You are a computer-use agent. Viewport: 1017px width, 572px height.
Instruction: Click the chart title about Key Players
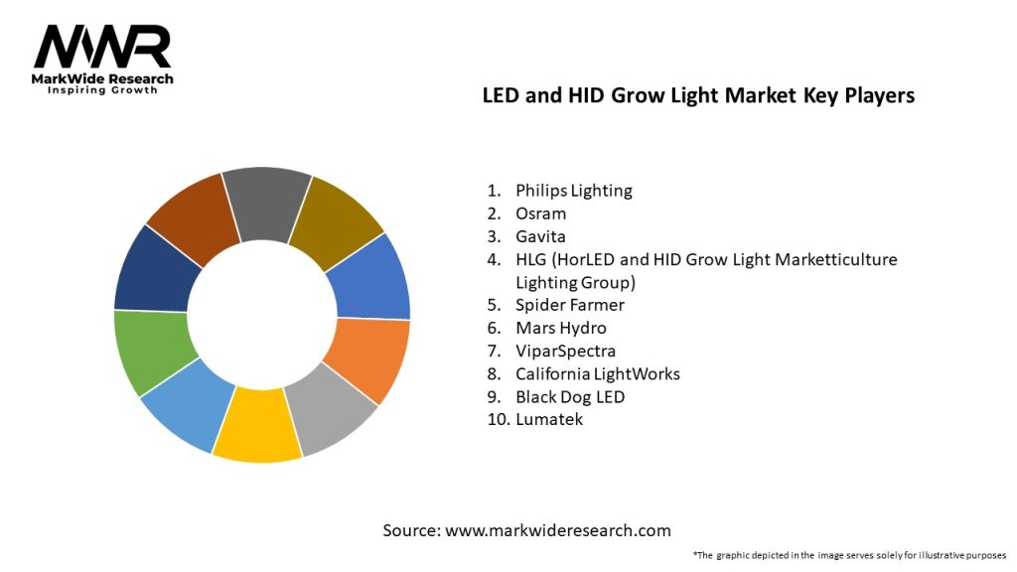698,95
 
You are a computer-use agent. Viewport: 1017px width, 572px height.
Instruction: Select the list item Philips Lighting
573,190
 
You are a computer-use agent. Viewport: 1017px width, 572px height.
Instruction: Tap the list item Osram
540,214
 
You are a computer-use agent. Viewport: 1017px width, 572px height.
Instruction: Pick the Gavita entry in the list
541,236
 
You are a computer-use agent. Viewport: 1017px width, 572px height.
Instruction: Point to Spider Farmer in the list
569,305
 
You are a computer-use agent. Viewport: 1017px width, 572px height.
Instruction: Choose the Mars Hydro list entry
560,328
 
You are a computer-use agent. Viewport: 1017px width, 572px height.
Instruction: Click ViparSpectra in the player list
565,351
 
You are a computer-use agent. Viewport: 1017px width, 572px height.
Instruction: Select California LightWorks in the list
597,373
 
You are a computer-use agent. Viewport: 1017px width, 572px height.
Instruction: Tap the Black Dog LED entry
570,396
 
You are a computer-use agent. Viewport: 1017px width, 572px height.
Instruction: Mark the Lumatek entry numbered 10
549,419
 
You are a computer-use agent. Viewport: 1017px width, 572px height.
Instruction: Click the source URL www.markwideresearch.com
557,530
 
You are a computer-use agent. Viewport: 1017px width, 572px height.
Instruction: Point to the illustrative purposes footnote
849,554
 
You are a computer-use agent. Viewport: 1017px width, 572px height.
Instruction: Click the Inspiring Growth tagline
102,90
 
